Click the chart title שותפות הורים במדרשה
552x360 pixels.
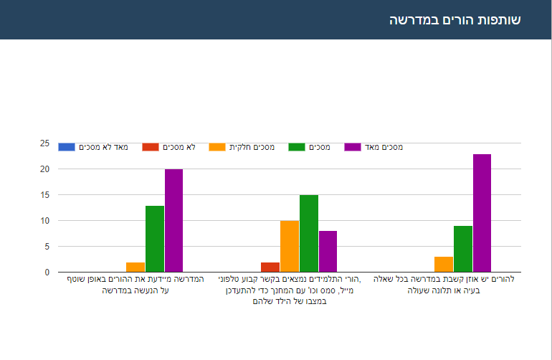455,19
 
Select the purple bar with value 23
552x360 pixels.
482,213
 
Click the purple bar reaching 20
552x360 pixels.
174,221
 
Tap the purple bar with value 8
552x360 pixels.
328,251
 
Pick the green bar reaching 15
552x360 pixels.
309,233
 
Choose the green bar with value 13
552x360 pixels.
155,239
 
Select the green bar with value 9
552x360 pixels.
463,249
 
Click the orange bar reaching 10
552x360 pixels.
290,246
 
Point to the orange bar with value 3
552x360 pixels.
444,264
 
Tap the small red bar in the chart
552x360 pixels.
270,267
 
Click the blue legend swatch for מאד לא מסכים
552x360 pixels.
67,147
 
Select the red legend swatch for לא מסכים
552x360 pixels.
151,147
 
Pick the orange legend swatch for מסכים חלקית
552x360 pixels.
217,147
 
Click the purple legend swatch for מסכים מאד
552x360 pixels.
353,147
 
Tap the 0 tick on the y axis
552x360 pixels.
47,273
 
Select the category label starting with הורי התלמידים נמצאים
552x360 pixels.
290,290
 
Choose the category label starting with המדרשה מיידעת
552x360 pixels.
135,285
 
